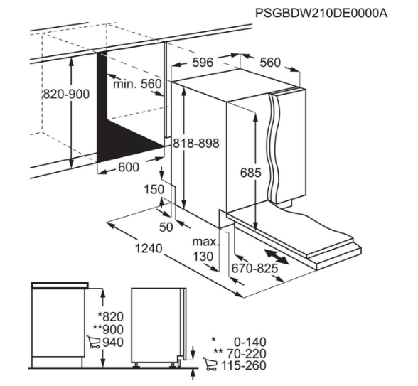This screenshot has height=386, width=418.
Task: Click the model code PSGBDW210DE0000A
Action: coord(321,13)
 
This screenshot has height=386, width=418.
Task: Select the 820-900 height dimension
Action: coord(66,94)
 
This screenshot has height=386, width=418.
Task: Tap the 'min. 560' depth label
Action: coord(138,84)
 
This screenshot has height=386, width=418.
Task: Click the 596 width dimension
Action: coord(203,63)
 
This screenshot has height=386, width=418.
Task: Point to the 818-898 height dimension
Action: coord(196,143)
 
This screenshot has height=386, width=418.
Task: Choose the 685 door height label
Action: coord(250,173)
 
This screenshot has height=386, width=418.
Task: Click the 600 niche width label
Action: coord(129,168)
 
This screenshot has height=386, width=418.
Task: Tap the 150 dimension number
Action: coord(154,190)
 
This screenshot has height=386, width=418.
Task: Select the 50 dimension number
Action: coord(166,227)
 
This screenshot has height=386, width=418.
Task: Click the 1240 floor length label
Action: coord(149,249)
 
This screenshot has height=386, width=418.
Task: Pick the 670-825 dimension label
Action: coord(254,268)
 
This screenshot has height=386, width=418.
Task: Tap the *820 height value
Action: coord(111,317)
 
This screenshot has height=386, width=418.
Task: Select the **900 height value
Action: coord(108,330)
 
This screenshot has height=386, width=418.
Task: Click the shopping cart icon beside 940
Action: coord(93,342)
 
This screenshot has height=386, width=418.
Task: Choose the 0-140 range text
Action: coord(250,342)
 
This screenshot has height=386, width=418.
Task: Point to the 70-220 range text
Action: coord(247,354)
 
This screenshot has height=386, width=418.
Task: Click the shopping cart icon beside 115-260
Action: coord(210,364)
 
